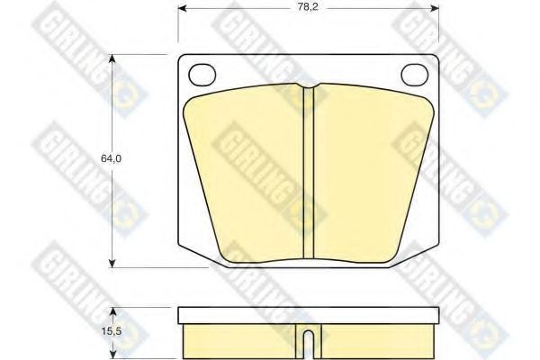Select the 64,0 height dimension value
pos(110,158)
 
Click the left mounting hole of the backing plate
pos(203,75)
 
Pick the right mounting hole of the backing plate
pos(415,75)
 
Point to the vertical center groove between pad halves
pos(309,171)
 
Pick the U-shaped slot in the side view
pos(309,342)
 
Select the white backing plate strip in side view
pos(309,315)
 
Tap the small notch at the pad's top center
pos(309,89)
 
